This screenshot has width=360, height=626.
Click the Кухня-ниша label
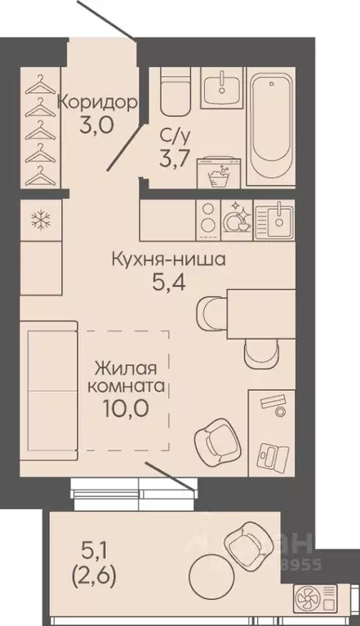coord(168,263)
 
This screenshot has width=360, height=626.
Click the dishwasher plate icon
coord(238,218)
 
